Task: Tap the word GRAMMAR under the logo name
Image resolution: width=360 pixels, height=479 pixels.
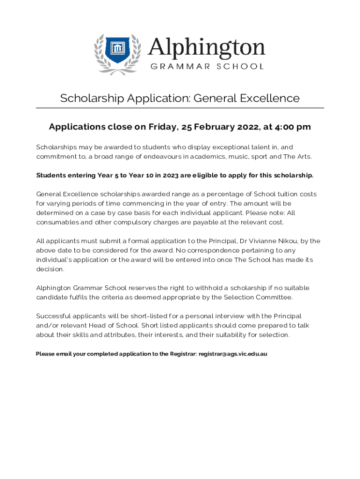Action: (175, 66)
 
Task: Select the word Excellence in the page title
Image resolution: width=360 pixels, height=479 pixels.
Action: (270, 98)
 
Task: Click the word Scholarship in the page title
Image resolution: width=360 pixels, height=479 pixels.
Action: (92, 98)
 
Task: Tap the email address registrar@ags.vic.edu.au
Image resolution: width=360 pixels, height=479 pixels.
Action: (233, 354)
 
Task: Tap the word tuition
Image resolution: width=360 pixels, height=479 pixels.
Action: (284, 194)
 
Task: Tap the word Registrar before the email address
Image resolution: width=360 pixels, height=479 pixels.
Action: (181, 354)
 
